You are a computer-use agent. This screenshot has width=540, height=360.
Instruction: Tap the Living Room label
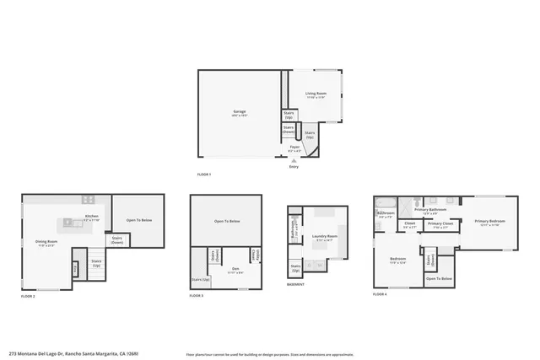pos(316,94)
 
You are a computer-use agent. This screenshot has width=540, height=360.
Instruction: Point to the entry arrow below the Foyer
pos(294,161)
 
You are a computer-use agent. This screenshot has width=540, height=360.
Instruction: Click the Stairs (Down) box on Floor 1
pos(289,130)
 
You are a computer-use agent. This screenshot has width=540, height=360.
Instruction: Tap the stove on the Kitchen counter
pos(88,200)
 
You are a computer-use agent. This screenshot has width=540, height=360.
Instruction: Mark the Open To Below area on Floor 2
pos(139,220)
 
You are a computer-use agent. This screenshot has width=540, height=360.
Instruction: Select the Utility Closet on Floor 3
pos(255,254)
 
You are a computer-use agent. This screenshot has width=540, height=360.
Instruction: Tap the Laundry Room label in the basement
pos(324,237)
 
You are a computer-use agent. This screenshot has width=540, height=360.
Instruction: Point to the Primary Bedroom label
pos(489,223)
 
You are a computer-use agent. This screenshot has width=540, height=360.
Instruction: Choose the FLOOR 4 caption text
pos(380,294)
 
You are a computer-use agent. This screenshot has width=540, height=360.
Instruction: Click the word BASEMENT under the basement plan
pos(294,284)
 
